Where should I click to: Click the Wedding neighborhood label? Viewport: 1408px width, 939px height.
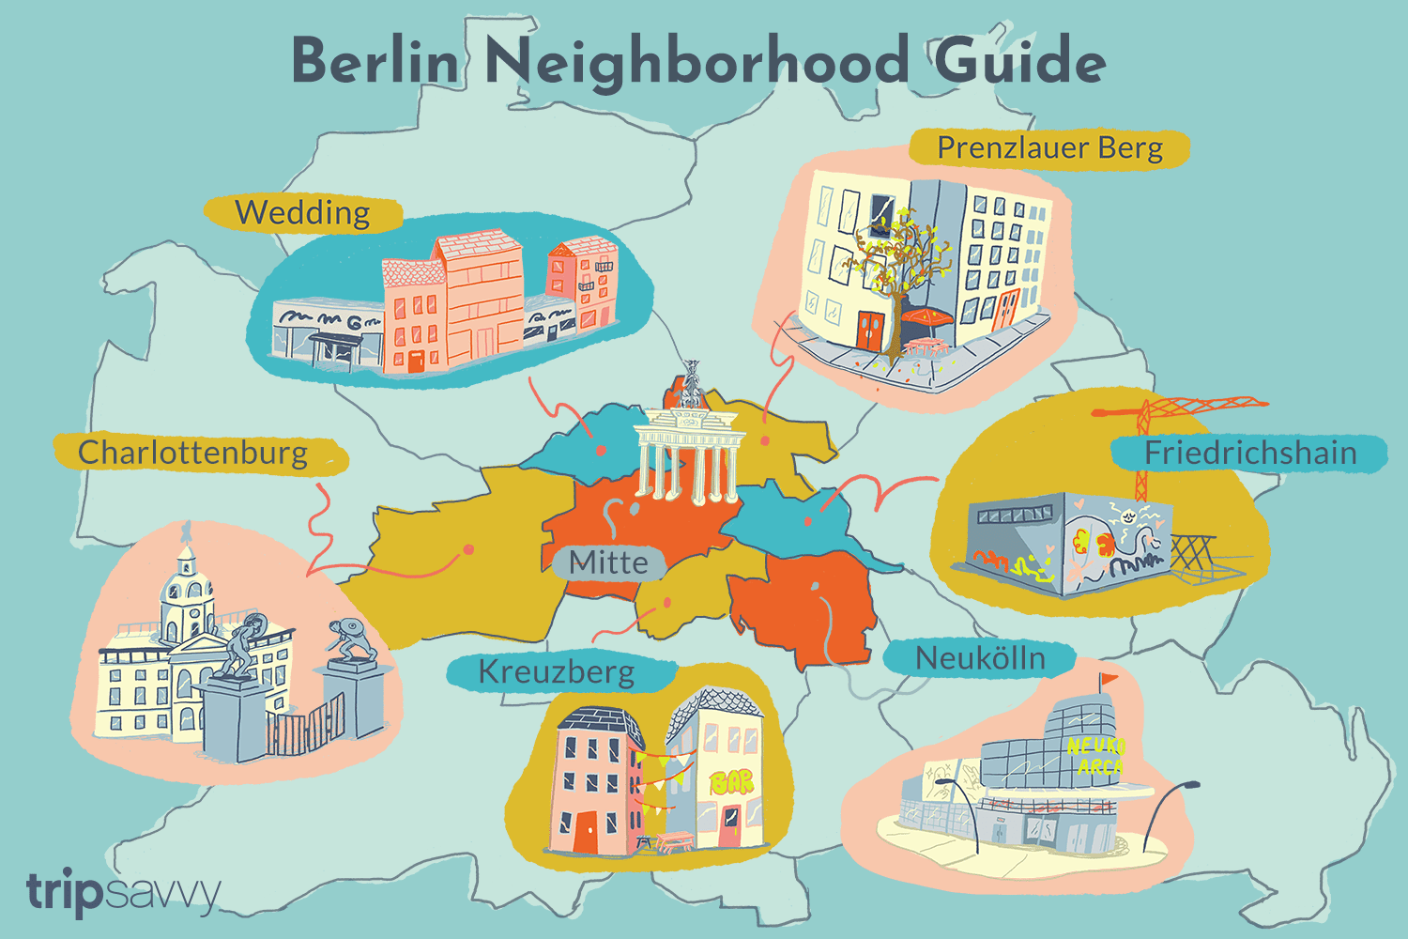(x=302, y=213)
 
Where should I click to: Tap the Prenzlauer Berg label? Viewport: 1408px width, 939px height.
(x=1049, y=148)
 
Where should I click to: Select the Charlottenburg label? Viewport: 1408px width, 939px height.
(x=193, y=454)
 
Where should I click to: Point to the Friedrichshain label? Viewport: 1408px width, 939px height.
(x=1250, y=454)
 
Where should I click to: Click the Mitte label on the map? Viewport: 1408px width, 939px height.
(x=608, y=562)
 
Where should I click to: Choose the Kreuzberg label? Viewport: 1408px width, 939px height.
(x=557, y=672)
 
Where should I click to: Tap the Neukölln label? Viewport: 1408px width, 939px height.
(x=980, y=658)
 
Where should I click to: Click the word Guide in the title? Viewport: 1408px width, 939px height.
(x=1019, y=62)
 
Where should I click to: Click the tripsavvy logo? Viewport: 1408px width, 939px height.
(x=122, y=892)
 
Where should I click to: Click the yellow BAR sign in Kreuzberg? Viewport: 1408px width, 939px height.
(x=731, y=782)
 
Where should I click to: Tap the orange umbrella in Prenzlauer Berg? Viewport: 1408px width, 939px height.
(x=926, y=318)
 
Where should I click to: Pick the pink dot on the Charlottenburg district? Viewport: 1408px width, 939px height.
(x=468, y=549)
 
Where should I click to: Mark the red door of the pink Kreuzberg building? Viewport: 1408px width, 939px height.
(x=586, y=832)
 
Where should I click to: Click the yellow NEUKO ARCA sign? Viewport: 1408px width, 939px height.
(x=1095, y=757)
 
